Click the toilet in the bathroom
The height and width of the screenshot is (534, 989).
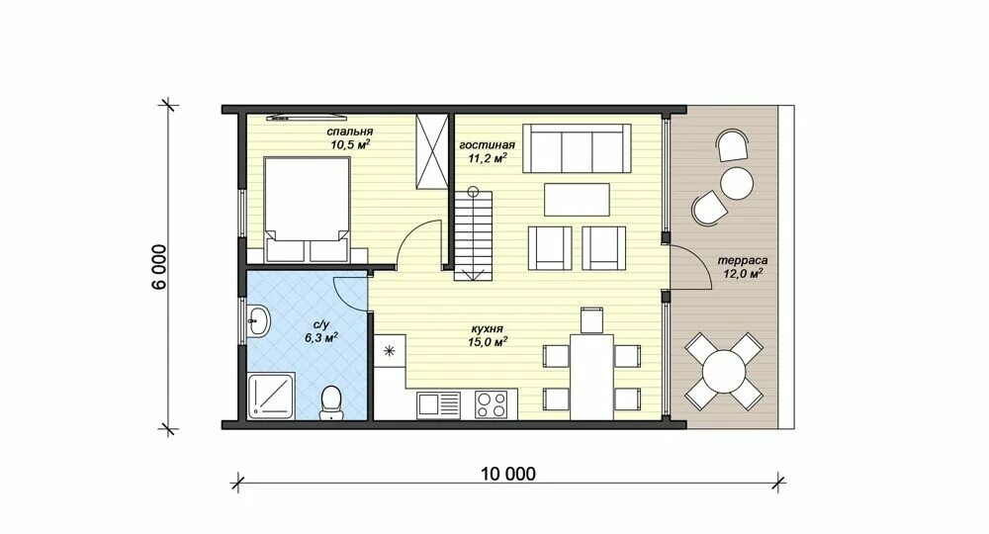point(331,402)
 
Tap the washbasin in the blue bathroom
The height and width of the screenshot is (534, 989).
point(257,321)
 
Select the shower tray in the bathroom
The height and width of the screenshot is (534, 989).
point(271,396)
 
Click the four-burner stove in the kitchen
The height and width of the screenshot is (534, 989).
point(492,404)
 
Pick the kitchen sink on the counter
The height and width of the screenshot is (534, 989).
point(438,404)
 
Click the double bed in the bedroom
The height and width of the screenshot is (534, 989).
point(307,210)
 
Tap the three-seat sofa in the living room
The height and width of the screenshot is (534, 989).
point(578,148)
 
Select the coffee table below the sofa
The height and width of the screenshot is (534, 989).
point(578,199)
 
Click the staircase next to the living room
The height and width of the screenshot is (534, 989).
point(473,233)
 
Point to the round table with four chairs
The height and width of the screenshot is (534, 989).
point(724,372)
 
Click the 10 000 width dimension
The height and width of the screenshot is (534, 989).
point(508,474)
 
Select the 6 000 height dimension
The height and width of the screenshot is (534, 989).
point(159,267)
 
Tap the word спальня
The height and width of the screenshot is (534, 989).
point(349,132)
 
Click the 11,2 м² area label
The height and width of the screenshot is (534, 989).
point(488,158)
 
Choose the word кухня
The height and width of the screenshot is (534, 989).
point(487,329)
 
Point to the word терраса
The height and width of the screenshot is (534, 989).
point(743,260)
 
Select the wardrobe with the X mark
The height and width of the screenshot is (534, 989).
point(432,150)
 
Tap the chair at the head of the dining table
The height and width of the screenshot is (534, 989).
point(591,319)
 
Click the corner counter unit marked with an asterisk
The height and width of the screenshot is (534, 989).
point(390,351)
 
